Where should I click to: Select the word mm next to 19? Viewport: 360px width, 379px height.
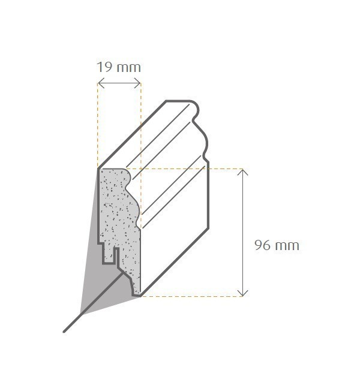(x=129, y=67)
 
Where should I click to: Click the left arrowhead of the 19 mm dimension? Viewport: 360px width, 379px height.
(x=100, y=84)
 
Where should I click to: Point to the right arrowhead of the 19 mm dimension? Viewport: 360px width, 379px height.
(x=139, y=84)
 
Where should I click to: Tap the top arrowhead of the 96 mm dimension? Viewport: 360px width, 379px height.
(x=242, y=172)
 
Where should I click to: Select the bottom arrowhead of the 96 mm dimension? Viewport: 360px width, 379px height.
(x=242, y=293)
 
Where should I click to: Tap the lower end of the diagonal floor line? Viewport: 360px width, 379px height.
(x=65, y=330)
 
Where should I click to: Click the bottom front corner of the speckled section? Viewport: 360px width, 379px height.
(x=139, y=295)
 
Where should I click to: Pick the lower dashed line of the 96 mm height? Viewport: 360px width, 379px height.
(x=192, y=296)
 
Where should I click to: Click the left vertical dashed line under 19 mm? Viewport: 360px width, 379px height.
(x=98, y=126)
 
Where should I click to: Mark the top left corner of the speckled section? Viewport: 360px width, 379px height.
(x=100, y=170)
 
